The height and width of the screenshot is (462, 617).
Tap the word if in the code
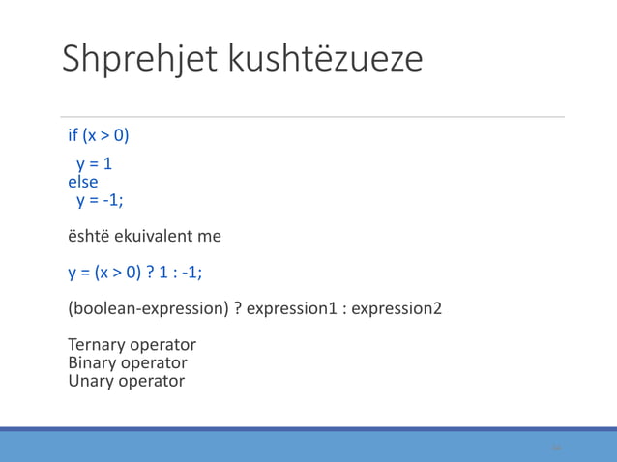pyautogui.click(x=73, y=134)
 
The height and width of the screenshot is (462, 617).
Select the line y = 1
pyautogui.click(x=95, y=164)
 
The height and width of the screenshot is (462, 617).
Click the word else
pyautogui.click(x=82, y=182)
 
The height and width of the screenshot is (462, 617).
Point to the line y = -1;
pyautogui.click(x=101, y=200)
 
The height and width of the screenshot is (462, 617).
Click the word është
pyautogui.click(x=88, y=235)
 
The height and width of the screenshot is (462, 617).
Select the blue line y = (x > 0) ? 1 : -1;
pyautogui.click(x=134, y=272)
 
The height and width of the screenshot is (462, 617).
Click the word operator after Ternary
pyautogui.click(x=162, y=345)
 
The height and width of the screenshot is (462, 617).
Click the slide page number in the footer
pyautogui.click(x=556, y=448)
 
